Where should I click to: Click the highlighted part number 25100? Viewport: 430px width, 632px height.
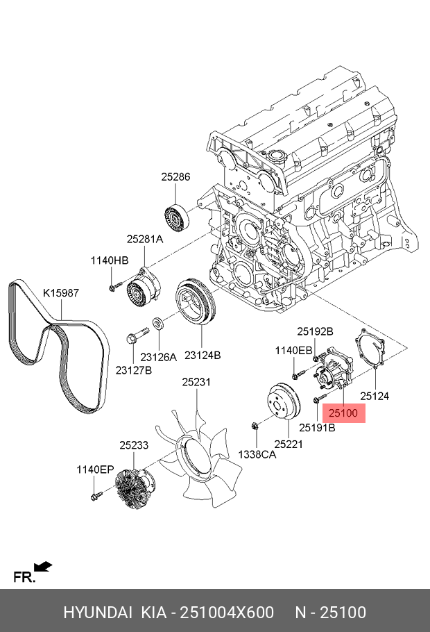tap(343, 413)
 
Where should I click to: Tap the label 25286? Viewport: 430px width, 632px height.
tap(175, 177)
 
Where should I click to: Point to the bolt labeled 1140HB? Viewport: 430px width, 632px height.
tap(114, 285)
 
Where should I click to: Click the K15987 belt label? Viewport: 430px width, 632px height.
tap(61, 293)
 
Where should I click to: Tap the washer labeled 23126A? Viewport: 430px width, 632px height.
tap(158, 323)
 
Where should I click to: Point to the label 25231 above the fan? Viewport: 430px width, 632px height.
tap(196, 381)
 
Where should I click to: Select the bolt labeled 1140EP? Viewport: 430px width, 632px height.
tap(96, 496)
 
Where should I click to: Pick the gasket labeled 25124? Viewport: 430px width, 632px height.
tap(372, 351)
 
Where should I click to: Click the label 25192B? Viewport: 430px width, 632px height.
tap(315, 331)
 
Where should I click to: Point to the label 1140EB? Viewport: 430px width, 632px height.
tap(293, 351)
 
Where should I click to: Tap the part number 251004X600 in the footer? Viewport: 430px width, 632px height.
tap(226, 613)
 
